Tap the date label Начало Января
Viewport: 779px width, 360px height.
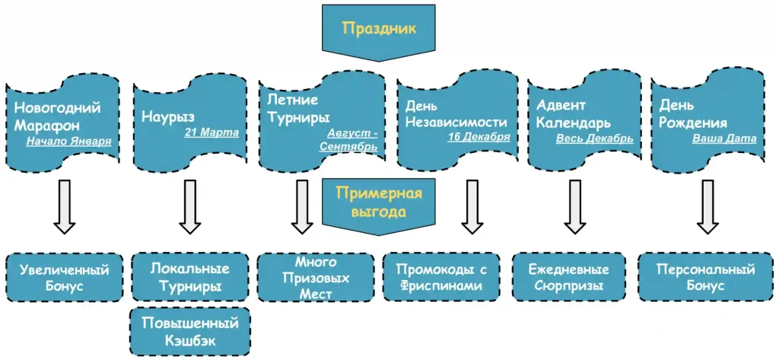point(68,141)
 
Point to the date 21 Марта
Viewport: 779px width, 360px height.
point(211,132)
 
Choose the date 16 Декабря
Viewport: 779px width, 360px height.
point(479,137)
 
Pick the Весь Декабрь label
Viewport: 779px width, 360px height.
point(594,139)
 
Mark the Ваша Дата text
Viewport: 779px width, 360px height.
point(724,139)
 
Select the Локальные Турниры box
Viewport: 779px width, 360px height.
point(189,277)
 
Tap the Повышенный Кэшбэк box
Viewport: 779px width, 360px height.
point(189,331)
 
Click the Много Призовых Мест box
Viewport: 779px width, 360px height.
point(315,277)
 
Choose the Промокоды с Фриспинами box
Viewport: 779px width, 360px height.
point(441,277)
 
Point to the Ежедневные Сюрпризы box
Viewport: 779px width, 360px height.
point(568,277)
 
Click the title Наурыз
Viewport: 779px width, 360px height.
point(168,116)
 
